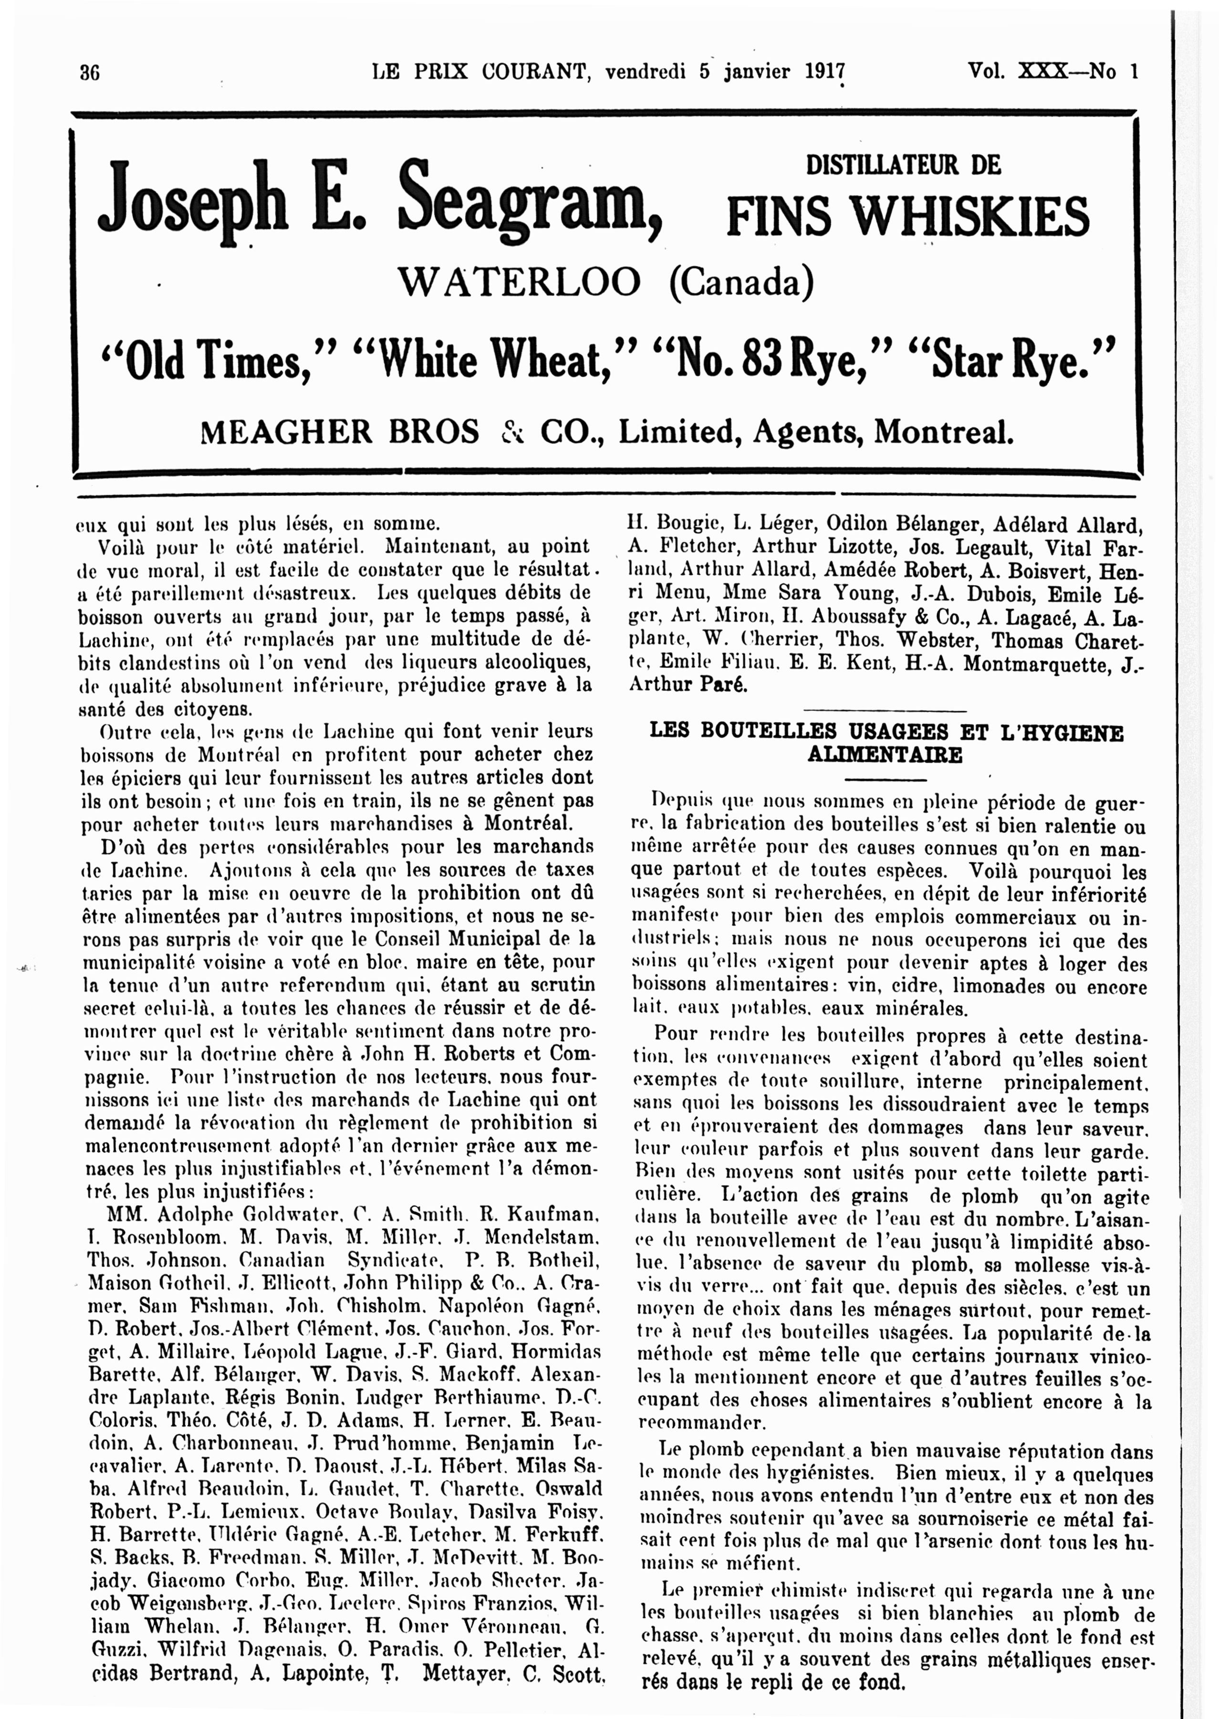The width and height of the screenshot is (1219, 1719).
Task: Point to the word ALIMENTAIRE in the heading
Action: click(886, 755)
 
